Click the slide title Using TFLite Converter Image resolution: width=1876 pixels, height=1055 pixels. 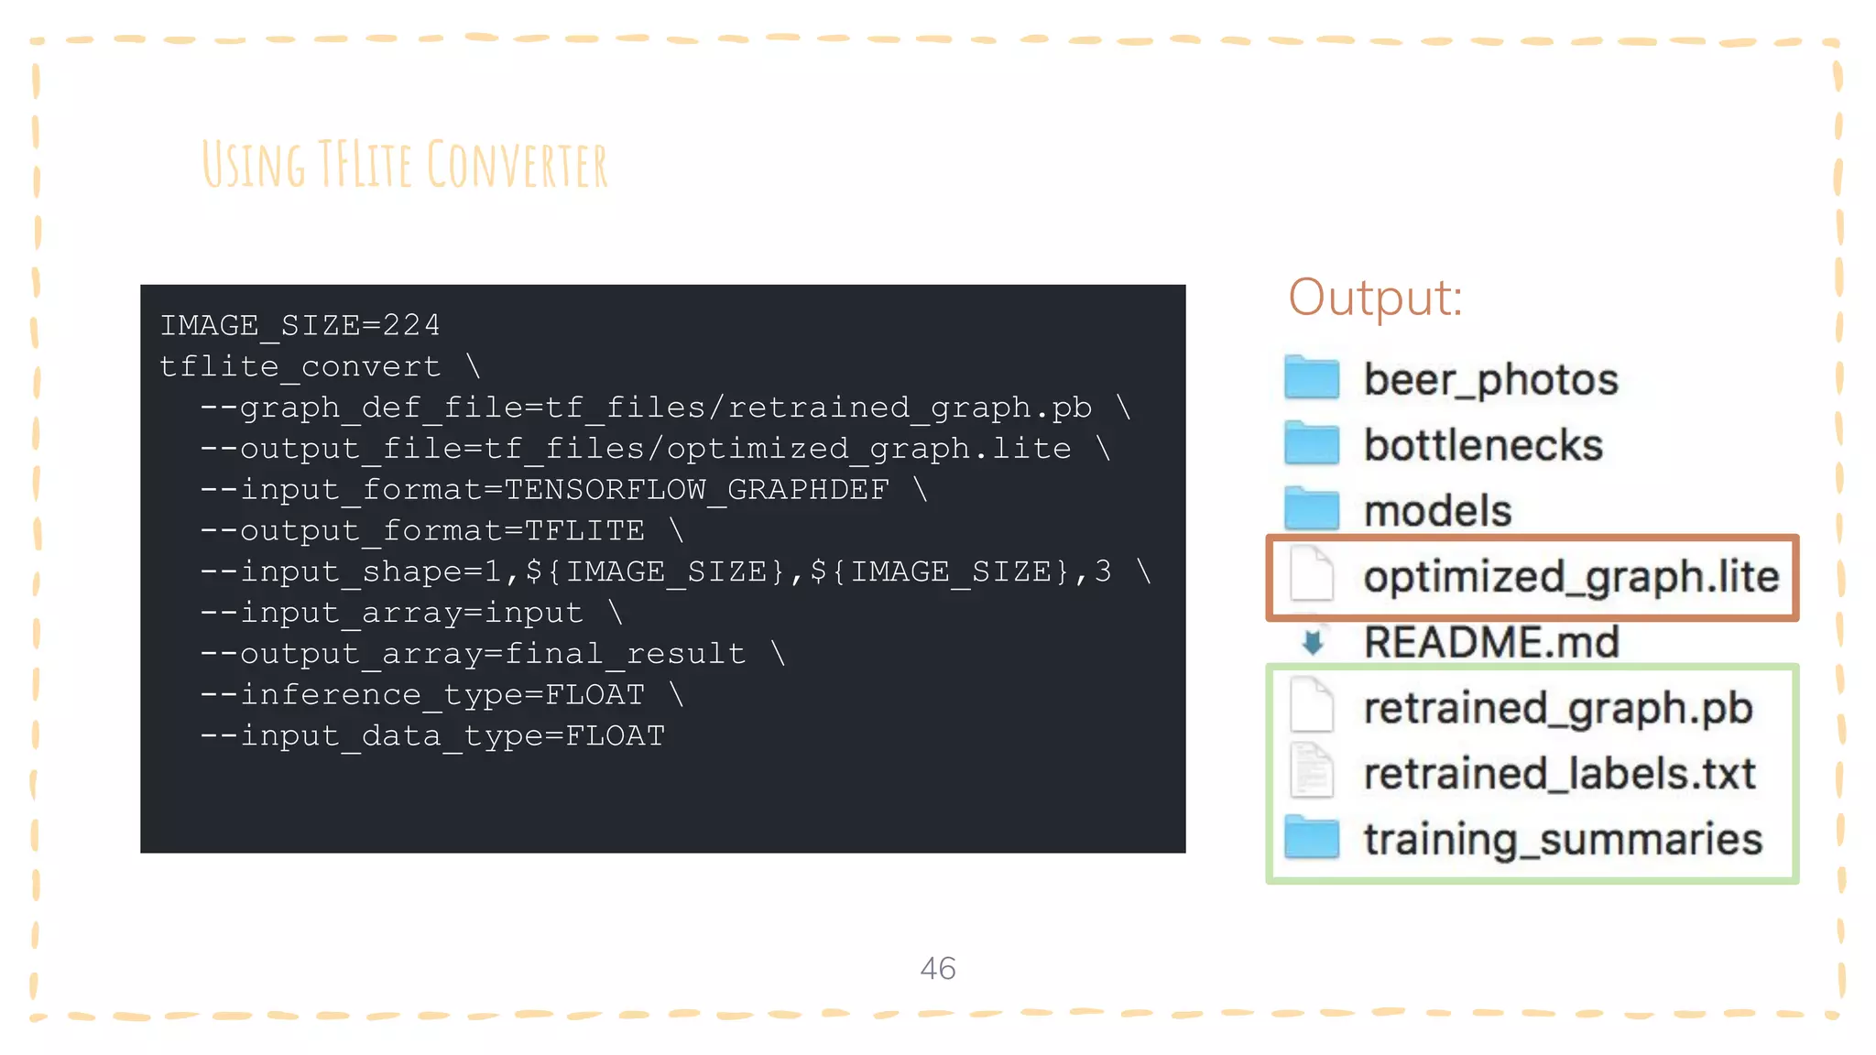tap(404, 165)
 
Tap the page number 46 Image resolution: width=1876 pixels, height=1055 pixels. tap(937, 969)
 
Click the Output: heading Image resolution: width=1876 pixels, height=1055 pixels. tap(1375, 298)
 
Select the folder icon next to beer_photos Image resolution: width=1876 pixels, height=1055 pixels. tap(1311, 378)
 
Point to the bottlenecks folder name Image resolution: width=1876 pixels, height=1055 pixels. tap(1483, 445)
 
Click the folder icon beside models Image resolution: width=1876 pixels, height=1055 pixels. tap(1311, 509)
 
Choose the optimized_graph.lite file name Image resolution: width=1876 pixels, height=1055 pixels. tap(1570, 577)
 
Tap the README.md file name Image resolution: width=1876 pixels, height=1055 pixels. tap(1491, 642)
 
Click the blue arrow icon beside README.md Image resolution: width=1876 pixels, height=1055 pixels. tap(1313, 642)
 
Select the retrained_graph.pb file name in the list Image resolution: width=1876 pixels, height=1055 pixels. tap(1557, 708)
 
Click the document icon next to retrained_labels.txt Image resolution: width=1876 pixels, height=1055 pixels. tap(1312, 772)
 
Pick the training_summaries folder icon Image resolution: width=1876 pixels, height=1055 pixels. tap(1311, 838)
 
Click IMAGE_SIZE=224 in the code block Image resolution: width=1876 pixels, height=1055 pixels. tap(300, 325)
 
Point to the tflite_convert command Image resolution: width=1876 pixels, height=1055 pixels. tap(300, 366)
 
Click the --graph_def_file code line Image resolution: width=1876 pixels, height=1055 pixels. tap(646, 408)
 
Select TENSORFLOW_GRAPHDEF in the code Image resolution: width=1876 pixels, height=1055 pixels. tap(696, 490)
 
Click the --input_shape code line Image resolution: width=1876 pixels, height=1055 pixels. tap(655, 571)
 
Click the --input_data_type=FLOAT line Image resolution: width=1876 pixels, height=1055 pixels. tap(432, 736)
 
